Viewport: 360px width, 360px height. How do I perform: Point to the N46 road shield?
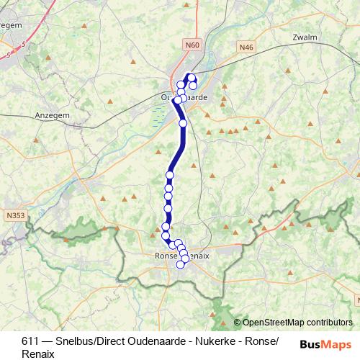[247, 47]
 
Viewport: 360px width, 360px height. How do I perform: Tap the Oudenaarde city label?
[184, 97]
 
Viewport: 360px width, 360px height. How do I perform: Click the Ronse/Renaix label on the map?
[181, 256]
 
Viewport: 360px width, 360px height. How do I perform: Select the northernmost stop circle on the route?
[192, 78]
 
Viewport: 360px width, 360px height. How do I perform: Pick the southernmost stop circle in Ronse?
[181, 264]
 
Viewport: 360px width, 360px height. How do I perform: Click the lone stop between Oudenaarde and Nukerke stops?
[183, 123]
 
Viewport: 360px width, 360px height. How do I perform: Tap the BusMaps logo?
[326, 344]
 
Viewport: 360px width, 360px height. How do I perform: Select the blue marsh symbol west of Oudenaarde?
[160, 112]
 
